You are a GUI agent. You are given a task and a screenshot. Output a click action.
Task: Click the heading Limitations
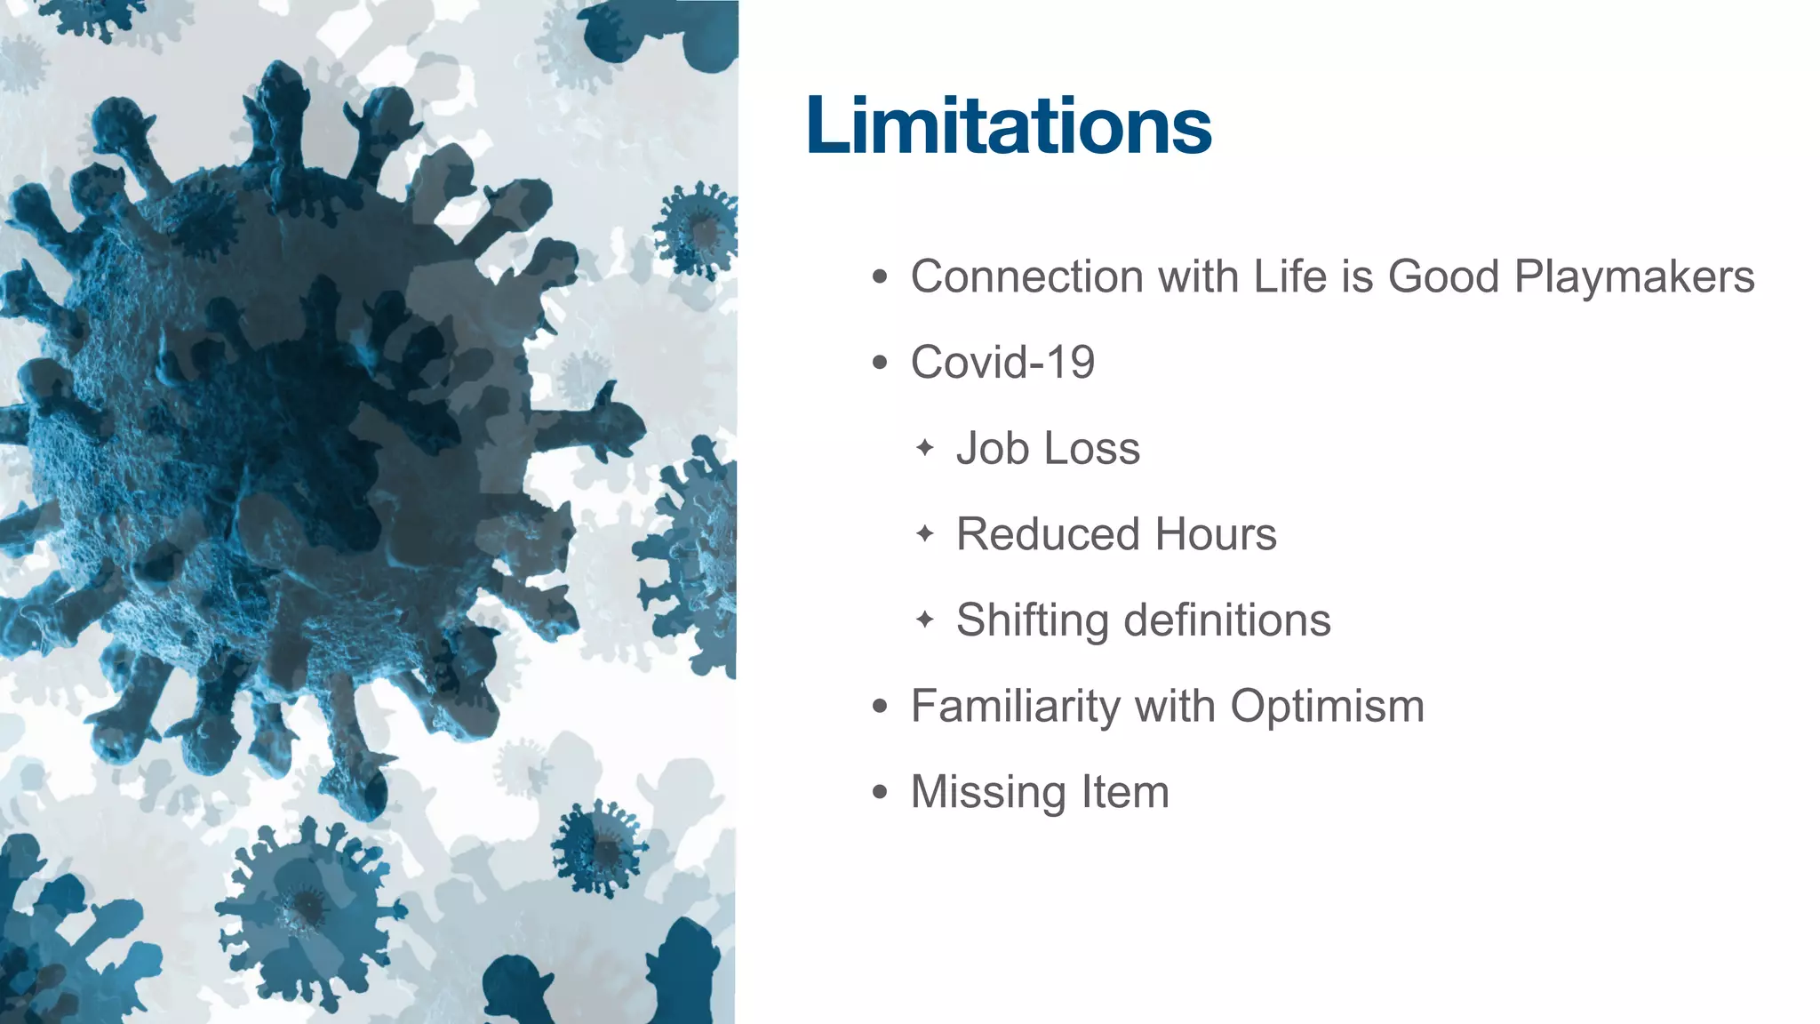1009,125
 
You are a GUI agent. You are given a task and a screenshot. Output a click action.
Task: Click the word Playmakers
1633,276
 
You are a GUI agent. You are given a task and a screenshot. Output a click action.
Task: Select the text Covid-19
1002,363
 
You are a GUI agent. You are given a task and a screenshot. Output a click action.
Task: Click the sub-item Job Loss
1048,448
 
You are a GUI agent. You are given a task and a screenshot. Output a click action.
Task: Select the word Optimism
1327,707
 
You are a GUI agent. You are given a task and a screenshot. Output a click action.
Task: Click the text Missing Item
1040,792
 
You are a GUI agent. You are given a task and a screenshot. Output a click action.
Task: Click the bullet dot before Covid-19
880,363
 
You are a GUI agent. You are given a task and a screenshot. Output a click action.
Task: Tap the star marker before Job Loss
924,447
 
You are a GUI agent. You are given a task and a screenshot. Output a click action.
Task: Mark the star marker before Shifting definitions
924,619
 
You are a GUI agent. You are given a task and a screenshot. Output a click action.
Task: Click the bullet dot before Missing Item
880,792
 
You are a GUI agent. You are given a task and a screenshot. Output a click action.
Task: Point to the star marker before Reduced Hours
924,533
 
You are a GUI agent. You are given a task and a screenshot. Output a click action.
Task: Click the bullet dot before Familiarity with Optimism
880,707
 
